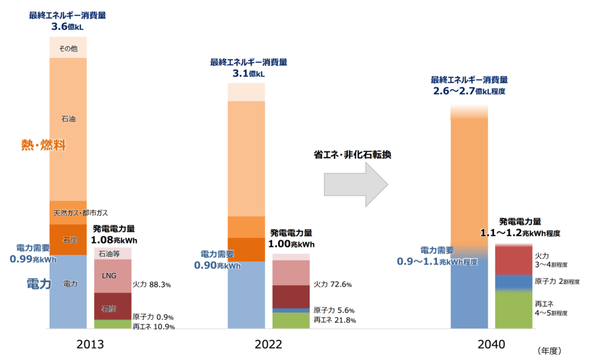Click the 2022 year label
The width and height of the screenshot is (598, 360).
click(269, 345)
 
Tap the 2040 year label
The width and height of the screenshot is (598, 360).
click(475, 345)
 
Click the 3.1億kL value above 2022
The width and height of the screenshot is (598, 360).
click(248, 74)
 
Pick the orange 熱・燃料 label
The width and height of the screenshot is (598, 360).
click(43, 146)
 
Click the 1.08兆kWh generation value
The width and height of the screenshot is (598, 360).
click(114, 240)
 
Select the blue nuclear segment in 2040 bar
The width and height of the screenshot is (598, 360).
click(513, 282)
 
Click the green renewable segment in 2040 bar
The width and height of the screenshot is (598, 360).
click(513, 310)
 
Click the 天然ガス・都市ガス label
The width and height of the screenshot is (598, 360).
click(81, 213)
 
